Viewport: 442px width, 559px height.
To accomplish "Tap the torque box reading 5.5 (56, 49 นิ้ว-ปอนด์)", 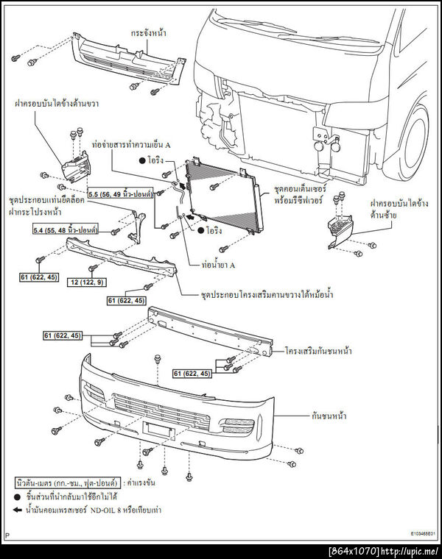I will click(120, 193).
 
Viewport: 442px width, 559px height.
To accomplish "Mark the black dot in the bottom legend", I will click(19, 496).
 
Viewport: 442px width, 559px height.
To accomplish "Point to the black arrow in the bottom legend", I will click(19, 509).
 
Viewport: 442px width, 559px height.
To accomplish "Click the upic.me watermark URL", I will click(413, 551).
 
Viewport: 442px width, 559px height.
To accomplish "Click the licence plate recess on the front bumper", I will click(161, 428).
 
